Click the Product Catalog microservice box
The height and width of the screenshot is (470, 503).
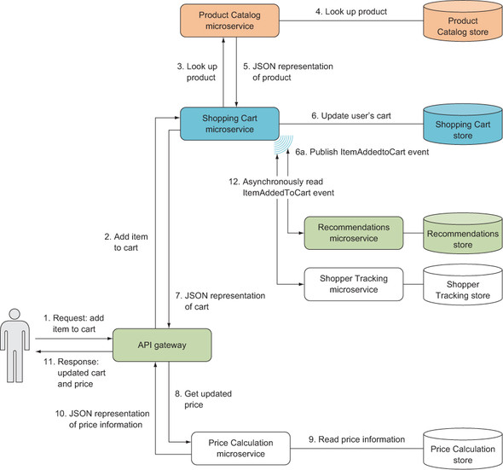(x=229, y=20)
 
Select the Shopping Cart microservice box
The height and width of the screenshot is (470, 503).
(x=229, y=124)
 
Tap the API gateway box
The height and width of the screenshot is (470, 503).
(x=162, y=345)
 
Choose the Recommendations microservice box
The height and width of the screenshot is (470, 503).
(x=354, y=233)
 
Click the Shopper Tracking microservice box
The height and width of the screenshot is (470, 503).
(x=354, y=284)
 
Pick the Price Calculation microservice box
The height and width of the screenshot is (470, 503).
(x=240, y=448)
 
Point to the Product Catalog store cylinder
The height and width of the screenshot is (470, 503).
(x=463, y=21)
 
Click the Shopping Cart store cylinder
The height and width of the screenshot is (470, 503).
(x=463, y=124)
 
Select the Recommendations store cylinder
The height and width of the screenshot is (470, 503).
(x=463, y=233)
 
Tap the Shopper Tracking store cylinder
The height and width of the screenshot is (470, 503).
(x=463, y=284)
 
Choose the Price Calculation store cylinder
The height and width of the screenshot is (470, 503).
(x=463, y=449)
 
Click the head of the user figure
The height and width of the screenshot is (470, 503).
(x=14, y=314)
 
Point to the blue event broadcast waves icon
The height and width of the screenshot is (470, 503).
(x=284, y=144)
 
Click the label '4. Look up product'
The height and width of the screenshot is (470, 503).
(x=351, y=12)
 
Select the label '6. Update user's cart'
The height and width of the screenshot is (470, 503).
(x=351, y=115)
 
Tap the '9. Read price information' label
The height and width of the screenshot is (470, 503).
(x=356, y=439)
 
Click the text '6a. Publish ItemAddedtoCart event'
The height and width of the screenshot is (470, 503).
(x=362, y=152)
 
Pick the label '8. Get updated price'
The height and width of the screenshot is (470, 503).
(x=203, y=399)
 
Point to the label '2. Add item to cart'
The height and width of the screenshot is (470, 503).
(x=126, y=242)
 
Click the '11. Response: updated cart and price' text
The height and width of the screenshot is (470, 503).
(x=75, y=373)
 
